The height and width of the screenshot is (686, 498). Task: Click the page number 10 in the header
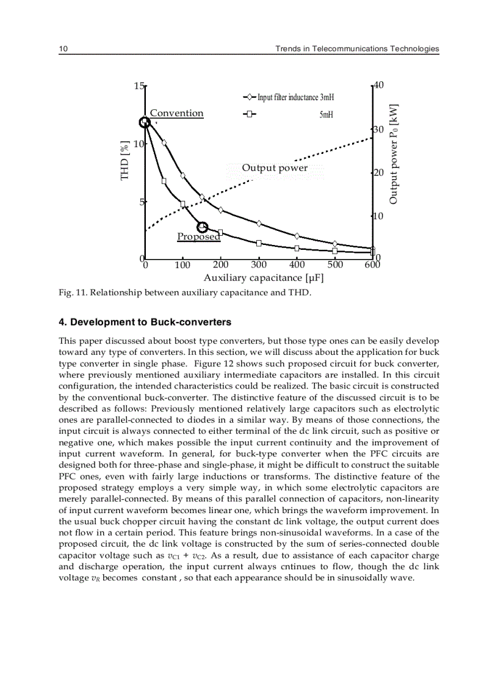click(62, 49)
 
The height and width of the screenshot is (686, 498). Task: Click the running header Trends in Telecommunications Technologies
click(357, 49)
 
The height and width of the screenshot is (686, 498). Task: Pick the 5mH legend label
click(326, 114)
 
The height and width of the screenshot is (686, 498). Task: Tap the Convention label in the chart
click(176, 113)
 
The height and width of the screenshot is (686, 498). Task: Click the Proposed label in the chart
click(198, 236)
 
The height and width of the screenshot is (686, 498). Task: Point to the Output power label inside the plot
click(275, 168)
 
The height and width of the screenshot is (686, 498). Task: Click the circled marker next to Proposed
click(203, 227)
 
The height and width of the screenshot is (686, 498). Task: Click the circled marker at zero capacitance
click(145, 123)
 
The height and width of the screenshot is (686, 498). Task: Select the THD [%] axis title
click(125, 160)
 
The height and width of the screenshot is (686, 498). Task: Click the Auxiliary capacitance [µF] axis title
click(263, 278)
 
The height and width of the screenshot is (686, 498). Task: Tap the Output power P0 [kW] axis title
click(394, 154)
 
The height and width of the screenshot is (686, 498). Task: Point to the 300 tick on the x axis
click(259, 265)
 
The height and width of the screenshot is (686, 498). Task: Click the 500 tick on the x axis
click(335, 265)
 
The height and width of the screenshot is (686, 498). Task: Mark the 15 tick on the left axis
click(139, 86)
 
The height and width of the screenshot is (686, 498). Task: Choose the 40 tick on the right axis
click(378, 86)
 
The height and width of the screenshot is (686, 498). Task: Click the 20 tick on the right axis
click(378, 173)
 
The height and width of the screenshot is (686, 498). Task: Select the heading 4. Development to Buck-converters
click(145, 322)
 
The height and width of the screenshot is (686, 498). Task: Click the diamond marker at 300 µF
click(259, 224)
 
